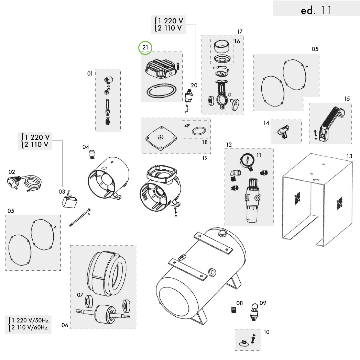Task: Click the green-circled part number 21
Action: click(145, 48)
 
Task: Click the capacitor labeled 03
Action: click(68, 201)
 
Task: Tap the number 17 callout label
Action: click(240, 32)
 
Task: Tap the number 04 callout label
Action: click(86, 147)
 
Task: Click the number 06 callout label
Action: click(65, 325)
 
